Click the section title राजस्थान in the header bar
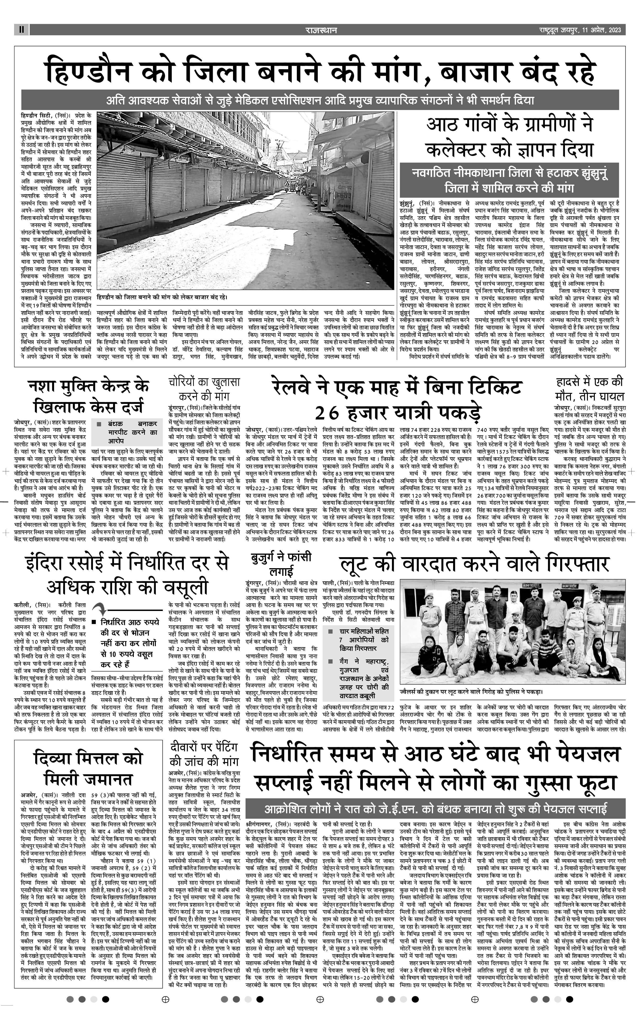tap(321, 30)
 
